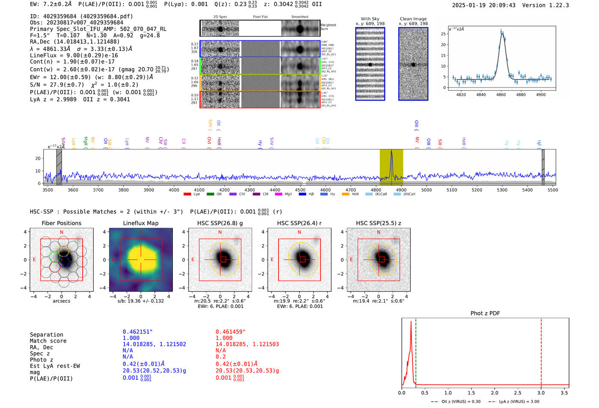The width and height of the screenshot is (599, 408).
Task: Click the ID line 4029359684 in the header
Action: (x=81, y=16)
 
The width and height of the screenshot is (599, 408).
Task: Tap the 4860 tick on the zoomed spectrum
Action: (x=501, y=95)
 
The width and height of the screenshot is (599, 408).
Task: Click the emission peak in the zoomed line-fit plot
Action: (x=501, y=32)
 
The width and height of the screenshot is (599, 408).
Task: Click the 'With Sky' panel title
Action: (x=370, y=19)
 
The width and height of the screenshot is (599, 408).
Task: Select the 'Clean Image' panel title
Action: (x=413, y=19)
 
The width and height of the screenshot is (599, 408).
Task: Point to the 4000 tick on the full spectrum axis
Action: (x=174, y=190)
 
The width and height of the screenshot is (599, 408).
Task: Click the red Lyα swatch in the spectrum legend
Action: (x=187, y=194)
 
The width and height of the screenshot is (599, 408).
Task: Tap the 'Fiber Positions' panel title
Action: (x=61, y=223)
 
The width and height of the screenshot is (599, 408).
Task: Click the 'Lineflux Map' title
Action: (x=141, y=223)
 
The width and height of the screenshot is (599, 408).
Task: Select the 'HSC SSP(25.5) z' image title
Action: (x=378, y=223)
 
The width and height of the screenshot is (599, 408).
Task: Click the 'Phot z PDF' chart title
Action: (x=485, y=313)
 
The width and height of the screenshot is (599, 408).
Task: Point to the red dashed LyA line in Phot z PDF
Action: (x=541, y=351)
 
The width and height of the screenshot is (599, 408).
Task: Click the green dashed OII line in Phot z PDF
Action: (x=415, y=351)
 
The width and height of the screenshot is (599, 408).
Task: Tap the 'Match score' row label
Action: (x=48, y=341)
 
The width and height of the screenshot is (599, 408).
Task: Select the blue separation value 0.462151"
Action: (x=137, y=332)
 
